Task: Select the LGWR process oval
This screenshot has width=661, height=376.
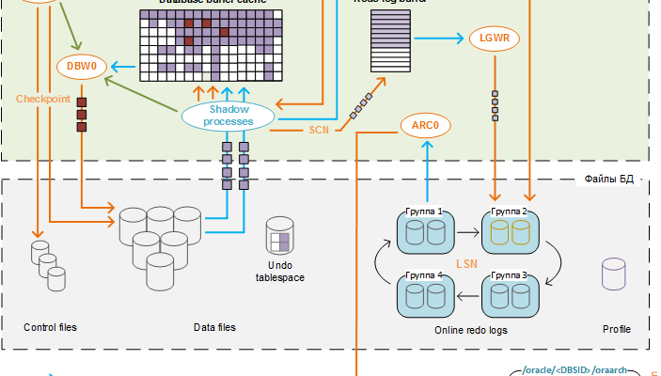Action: click(x=493, y=39)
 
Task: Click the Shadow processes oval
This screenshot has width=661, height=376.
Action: click(x=228, y=116)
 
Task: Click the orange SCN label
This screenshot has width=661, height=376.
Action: click(x=319, y=130)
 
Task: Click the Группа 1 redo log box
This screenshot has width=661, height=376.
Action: click(x=424, y=231)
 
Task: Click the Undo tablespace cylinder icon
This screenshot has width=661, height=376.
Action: click(x=280, y=236)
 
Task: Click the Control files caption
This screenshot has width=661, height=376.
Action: click(x=50, y=328)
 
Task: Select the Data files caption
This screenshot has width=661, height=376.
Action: click(x=214, y=328)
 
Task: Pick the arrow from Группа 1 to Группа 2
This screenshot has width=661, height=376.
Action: click(x=467, y=229)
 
